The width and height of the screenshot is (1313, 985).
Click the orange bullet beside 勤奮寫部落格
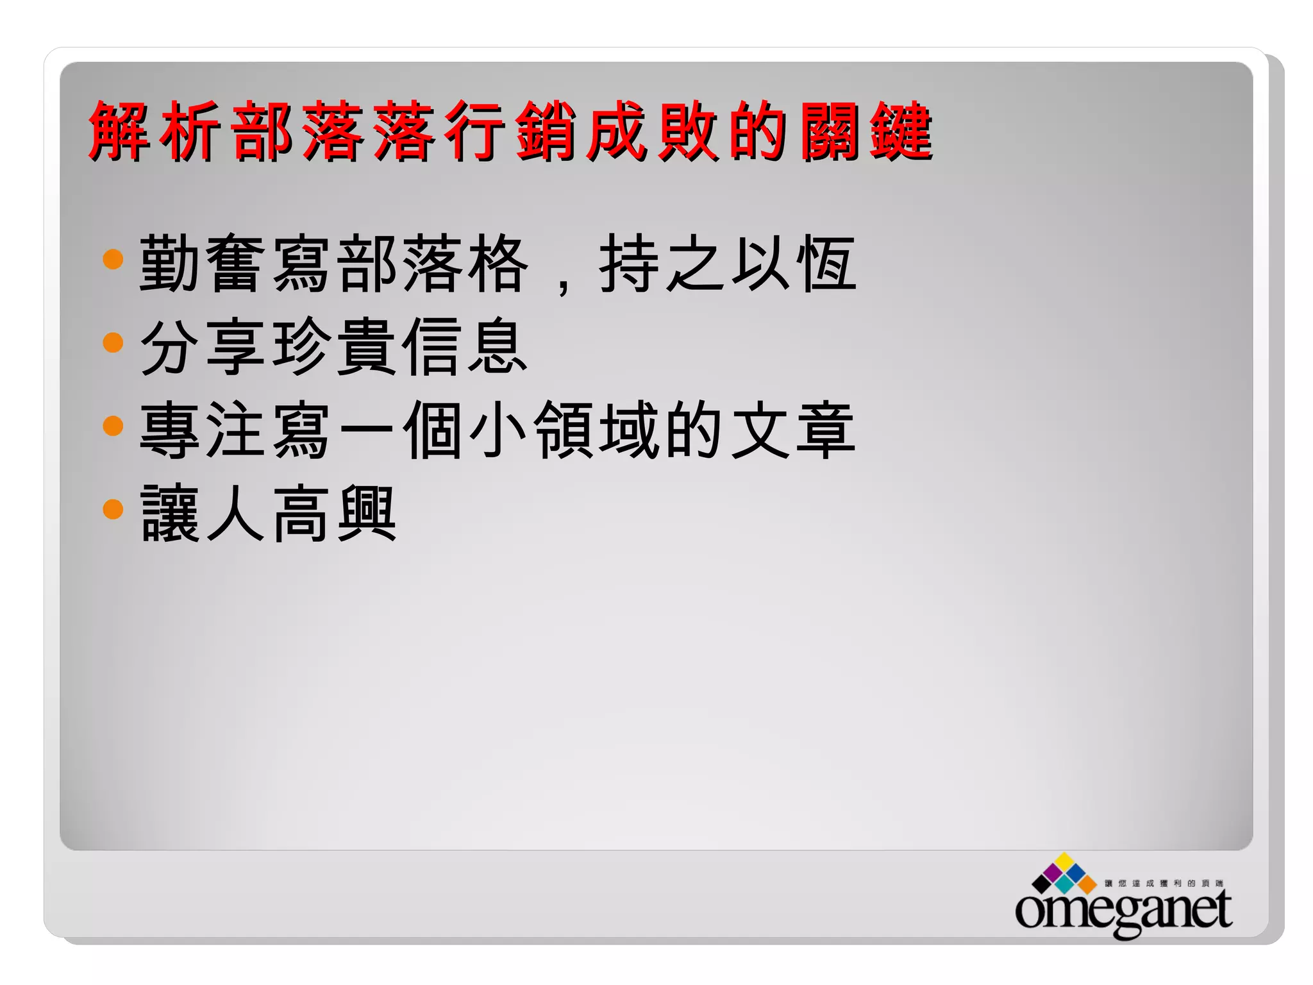(x=113, y=259)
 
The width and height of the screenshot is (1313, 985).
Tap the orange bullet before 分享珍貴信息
(x=113, y=342)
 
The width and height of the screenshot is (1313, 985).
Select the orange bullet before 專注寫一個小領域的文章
(x=113, y=426)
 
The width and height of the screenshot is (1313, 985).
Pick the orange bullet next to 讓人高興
(x=113, y=509)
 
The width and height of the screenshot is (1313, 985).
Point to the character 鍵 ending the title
(x=901, y=131)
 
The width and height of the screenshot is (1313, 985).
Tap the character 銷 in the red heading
(x=546, y=131)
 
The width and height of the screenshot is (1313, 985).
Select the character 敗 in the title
(x=688, y=131)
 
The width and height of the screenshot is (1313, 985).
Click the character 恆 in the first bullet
(x=826, y=263)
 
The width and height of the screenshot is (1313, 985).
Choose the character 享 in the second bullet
(x=236, y=346)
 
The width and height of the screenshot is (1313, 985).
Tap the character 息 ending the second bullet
(x=498, y=346)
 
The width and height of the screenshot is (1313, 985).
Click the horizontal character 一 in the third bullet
(x=367, y=428)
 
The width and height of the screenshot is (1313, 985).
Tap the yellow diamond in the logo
(x=1065, y=861)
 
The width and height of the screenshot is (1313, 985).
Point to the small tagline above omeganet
(x=1164, y=884)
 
